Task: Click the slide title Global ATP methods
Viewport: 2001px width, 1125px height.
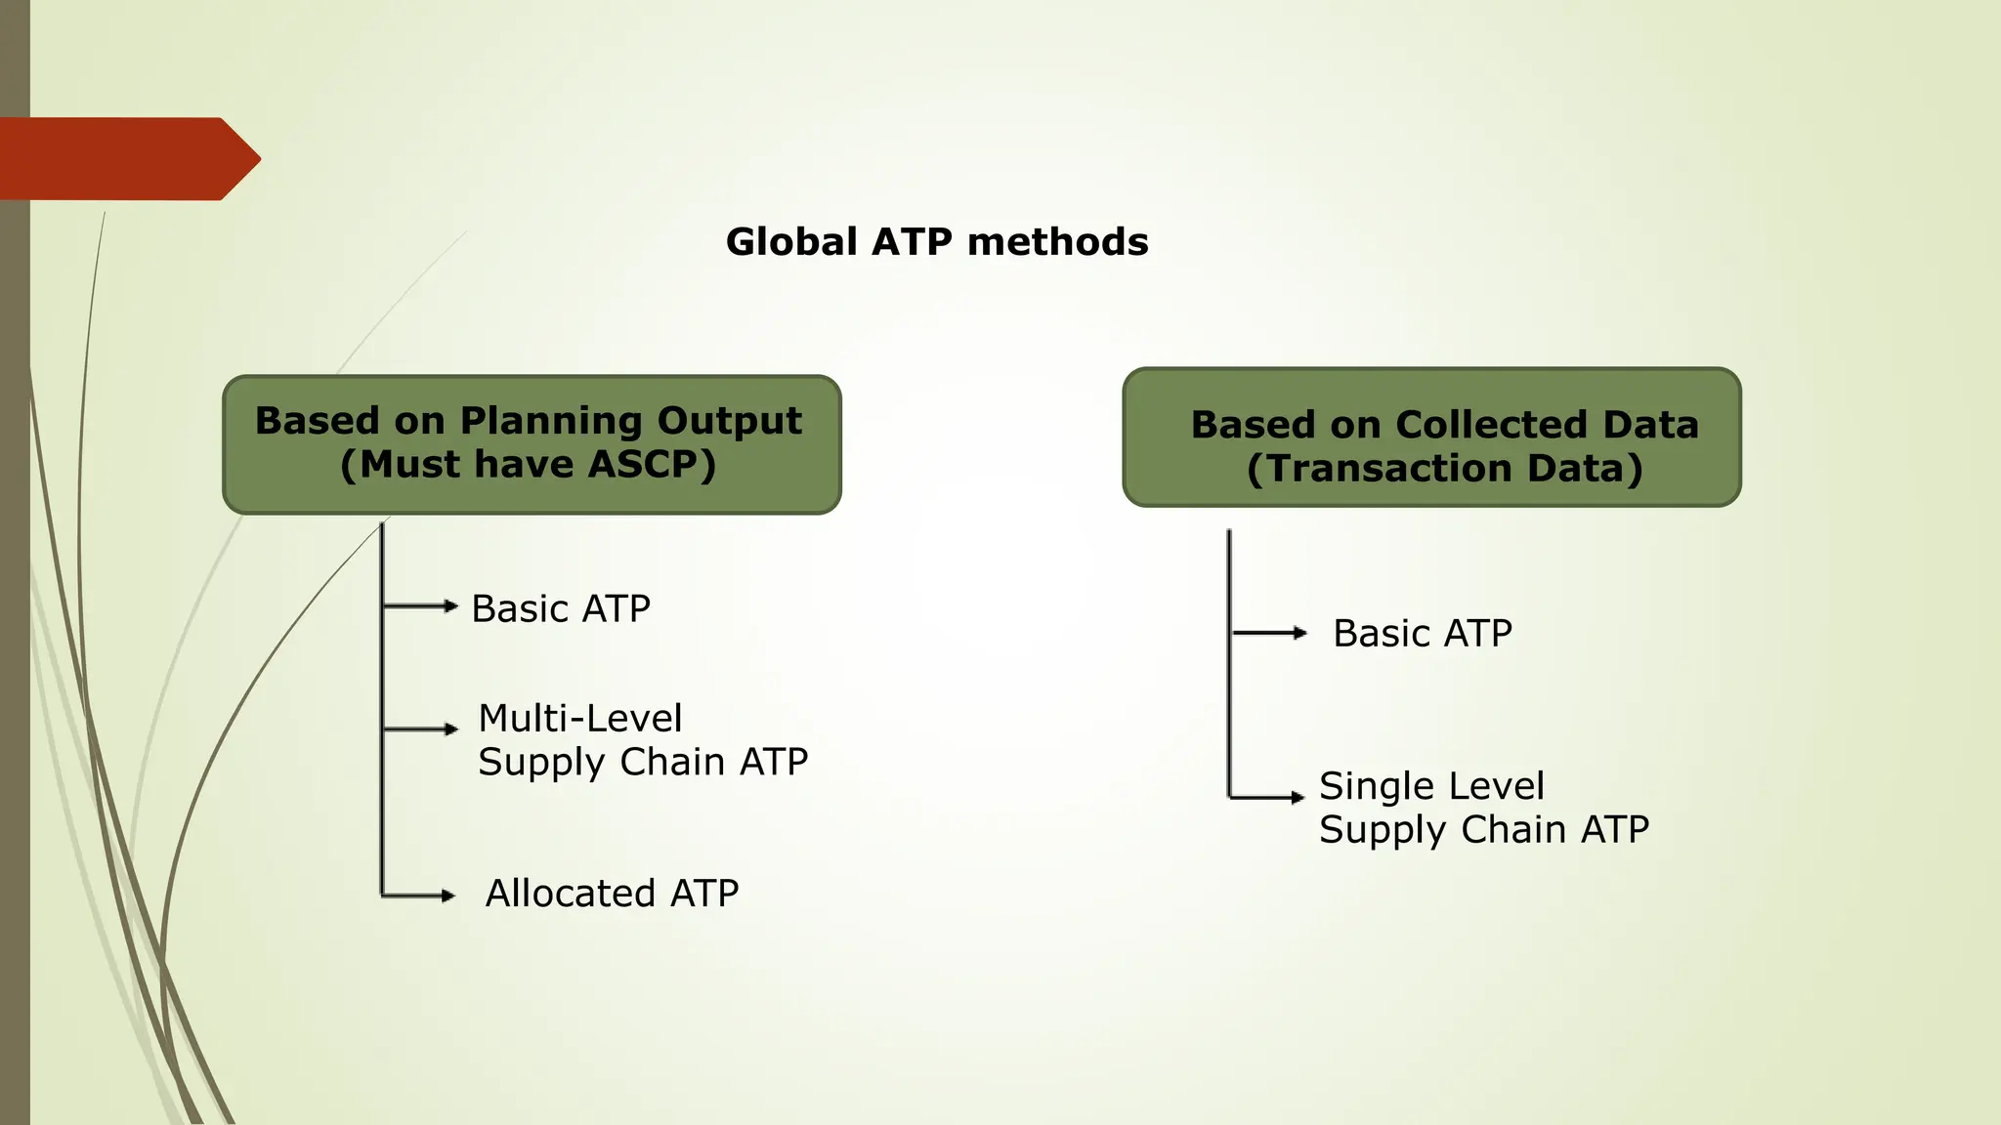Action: (937, 242)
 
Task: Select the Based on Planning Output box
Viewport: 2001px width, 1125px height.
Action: (532, 444)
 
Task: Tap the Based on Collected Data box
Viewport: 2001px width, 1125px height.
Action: (1431, 437)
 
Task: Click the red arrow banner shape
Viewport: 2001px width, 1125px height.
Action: (127, 159)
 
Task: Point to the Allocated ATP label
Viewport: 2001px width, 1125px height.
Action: (612, 894)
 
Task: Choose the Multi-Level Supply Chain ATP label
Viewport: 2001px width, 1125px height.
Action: (642, 740)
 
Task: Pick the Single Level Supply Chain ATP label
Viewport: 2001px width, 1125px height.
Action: (1483, 808)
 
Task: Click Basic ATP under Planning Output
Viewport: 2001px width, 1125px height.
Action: (561, 608)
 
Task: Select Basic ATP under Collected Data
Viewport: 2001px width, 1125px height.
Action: (1423, 634)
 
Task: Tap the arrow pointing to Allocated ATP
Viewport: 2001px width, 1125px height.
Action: (420, 896)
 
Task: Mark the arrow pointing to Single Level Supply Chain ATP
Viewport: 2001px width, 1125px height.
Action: (1268, 797)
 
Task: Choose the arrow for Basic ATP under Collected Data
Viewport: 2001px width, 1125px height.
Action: (1270, 633)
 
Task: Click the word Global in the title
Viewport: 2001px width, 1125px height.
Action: (791, 242)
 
